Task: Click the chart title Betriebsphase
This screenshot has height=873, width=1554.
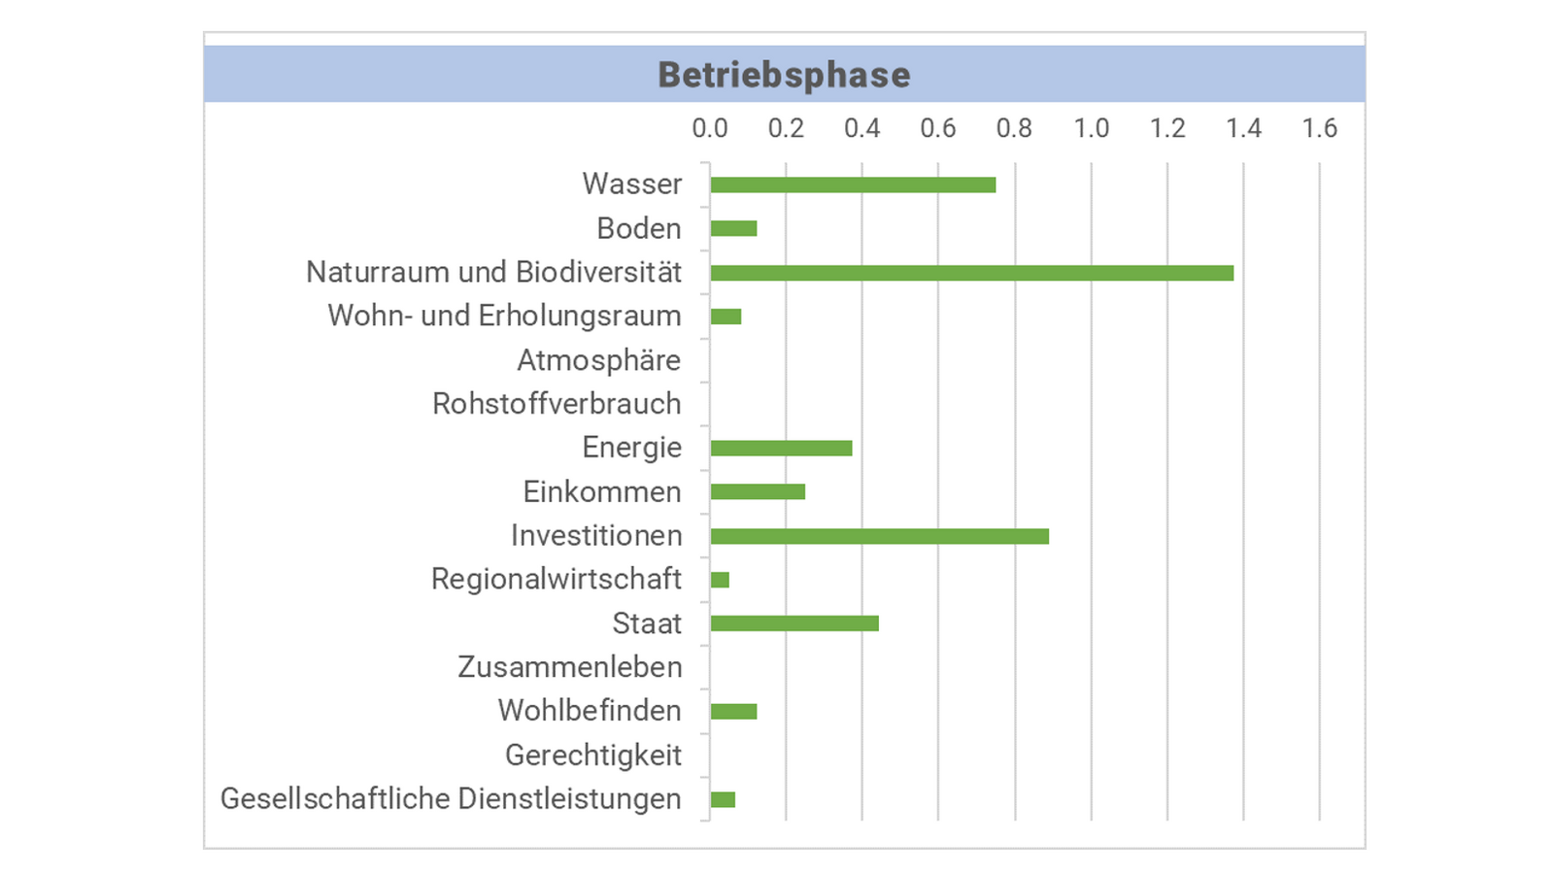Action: (784, 75)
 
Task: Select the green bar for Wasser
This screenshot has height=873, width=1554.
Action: (853, 185)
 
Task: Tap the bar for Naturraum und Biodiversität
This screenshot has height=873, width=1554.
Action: (971, 273)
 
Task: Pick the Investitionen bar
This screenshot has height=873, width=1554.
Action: (879, 536)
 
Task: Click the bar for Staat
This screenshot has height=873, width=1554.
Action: (794, 623)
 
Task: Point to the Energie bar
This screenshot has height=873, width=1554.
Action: (781, 448)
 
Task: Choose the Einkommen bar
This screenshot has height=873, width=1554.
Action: (758, 491)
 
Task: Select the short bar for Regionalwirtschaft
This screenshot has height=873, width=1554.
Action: (720, 580)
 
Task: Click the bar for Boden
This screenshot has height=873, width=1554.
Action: (733, 228)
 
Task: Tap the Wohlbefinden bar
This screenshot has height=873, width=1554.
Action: (733, 711)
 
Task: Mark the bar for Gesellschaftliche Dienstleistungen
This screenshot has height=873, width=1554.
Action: (723, 799)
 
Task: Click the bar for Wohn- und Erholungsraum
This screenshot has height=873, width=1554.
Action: (726, 317)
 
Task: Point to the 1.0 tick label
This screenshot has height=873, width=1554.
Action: (1091, 128)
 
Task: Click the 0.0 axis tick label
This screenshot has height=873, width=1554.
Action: (709, 128)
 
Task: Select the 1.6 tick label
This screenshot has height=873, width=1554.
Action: (1319, 128)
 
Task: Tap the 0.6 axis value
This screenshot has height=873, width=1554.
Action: (938, 128)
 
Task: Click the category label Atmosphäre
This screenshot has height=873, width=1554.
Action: (598, 360)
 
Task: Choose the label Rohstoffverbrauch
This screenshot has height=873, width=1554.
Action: (557, 404)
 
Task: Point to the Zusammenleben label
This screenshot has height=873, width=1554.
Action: (569, 667)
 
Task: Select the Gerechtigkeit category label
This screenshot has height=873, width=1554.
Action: (592, 755)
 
